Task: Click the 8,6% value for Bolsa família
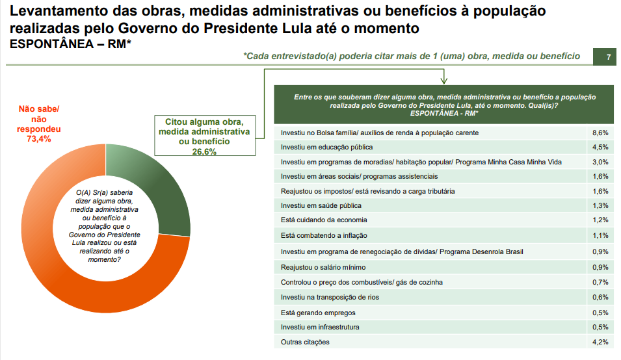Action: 600,133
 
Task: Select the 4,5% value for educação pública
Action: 600,147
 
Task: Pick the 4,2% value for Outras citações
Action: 600,342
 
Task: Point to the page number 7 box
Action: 609,57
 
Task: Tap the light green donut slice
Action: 124,156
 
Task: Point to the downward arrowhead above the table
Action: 444,81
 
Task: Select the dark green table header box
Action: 444,105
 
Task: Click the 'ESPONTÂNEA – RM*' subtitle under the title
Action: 71,44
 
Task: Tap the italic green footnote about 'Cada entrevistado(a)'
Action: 412,57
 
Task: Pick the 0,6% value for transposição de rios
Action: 600,297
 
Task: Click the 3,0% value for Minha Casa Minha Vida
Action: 600,162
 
